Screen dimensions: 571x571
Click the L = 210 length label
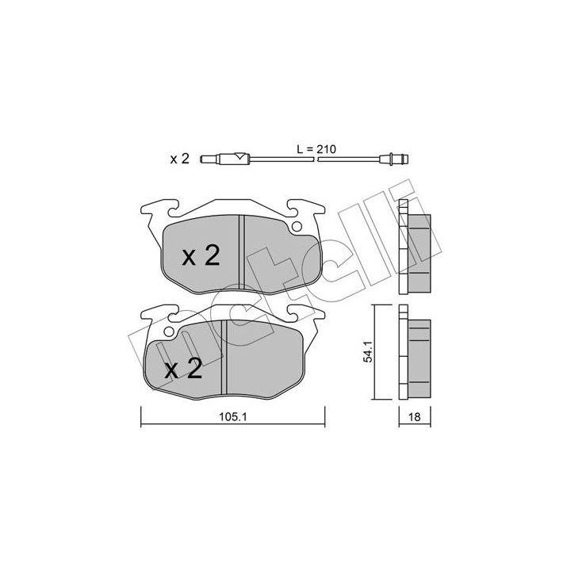point(316,149)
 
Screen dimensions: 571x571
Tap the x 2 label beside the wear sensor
point(179,159)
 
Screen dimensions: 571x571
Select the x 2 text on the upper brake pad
point(201,255)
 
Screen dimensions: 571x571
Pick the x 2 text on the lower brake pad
point(184,369)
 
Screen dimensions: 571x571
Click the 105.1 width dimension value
point(233,417)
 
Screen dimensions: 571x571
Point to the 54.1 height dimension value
point(369,352)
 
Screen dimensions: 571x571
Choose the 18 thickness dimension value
point(415,417)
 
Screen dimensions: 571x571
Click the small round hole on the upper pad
point(297,227)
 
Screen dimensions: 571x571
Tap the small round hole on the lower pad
point(169,331)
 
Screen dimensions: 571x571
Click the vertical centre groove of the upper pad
point(241,253)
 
